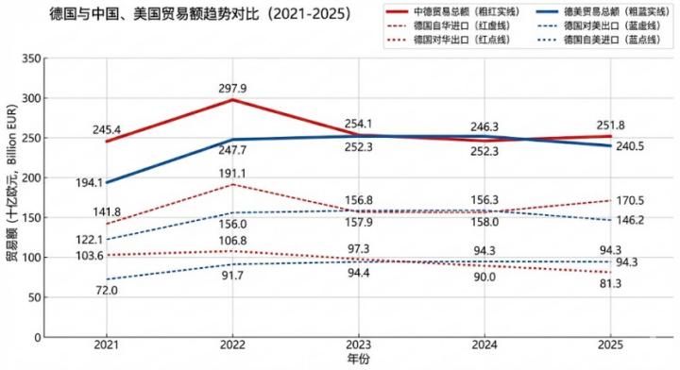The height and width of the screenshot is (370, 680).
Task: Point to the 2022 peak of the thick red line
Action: [x=233, y=99]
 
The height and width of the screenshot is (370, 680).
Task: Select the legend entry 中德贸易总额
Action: [x=453, y=11]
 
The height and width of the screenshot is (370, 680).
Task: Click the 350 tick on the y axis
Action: [x=29, y=59]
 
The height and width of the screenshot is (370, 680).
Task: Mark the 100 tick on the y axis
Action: [x=29, y=257]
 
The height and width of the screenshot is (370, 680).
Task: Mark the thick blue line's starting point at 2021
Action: [x=107, y=182]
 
